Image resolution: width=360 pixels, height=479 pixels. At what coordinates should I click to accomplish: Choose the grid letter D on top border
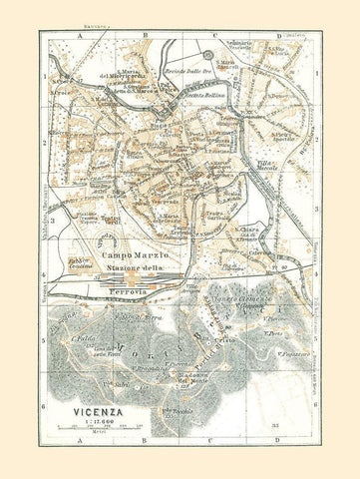click(x=275, y=34)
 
